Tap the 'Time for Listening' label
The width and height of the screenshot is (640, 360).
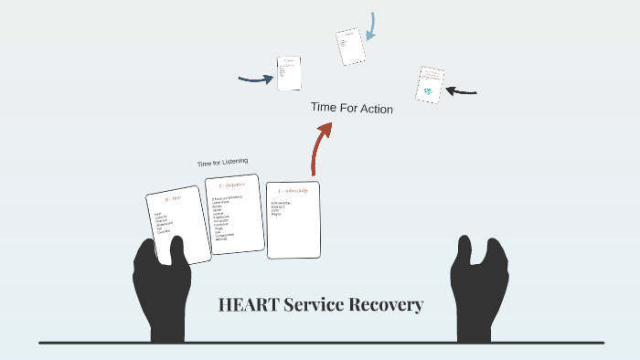point(222,163)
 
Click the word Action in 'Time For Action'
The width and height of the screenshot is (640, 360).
point(374,109)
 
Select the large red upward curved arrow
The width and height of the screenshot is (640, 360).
point(319,146)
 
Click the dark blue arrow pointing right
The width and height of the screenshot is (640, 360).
point(255,79)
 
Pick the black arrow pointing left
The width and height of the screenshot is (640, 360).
point(462,91)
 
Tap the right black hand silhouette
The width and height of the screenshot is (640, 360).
point(479,288)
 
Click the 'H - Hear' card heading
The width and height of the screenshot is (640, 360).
point(174,198)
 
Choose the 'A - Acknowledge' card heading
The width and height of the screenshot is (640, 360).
point(293,191)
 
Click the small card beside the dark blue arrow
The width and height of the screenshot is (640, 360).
point(290,73)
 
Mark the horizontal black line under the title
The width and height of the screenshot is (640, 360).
point(320,343)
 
